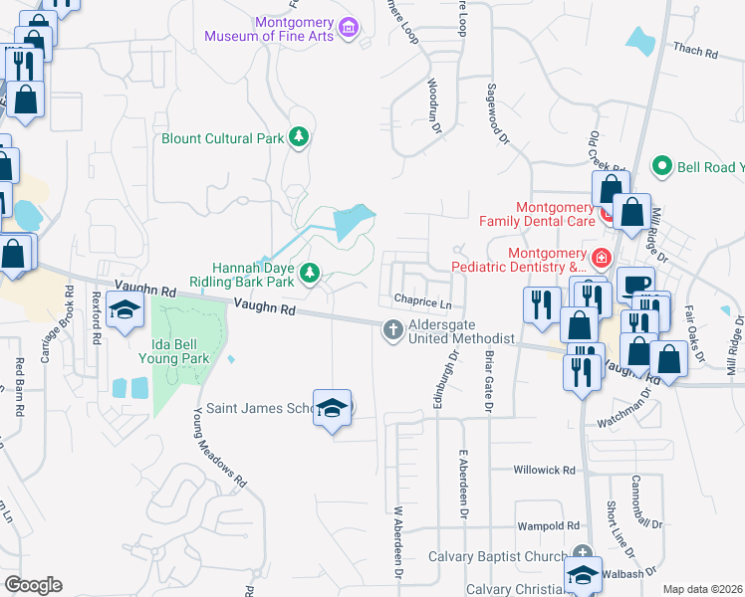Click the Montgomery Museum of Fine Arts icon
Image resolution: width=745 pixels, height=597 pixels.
coord(349,26)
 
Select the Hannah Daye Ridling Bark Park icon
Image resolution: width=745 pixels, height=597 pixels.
coord(310,272)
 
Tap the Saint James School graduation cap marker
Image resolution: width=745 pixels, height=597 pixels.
coord(333,408)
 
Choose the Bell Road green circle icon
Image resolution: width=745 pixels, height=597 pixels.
coord(660,166)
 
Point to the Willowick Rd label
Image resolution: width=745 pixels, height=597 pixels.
coord(545,470)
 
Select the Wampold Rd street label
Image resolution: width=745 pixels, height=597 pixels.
coord(547,525)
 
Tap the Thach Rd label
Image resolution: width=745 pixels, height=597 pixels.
coord(695,51)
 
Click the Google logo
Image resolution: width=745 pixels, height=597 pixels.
coord(33,585)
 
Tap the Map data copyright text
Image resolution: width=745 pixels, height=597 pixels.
coord(702,589)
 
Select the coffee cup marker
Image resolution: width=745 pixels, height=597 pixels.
coord(633,284)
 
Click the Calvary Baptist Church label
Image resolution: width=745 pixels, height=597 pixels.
coord(499,555)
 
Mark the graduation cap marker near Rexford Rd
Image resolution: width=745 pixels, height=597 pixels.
coord(125,311)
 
